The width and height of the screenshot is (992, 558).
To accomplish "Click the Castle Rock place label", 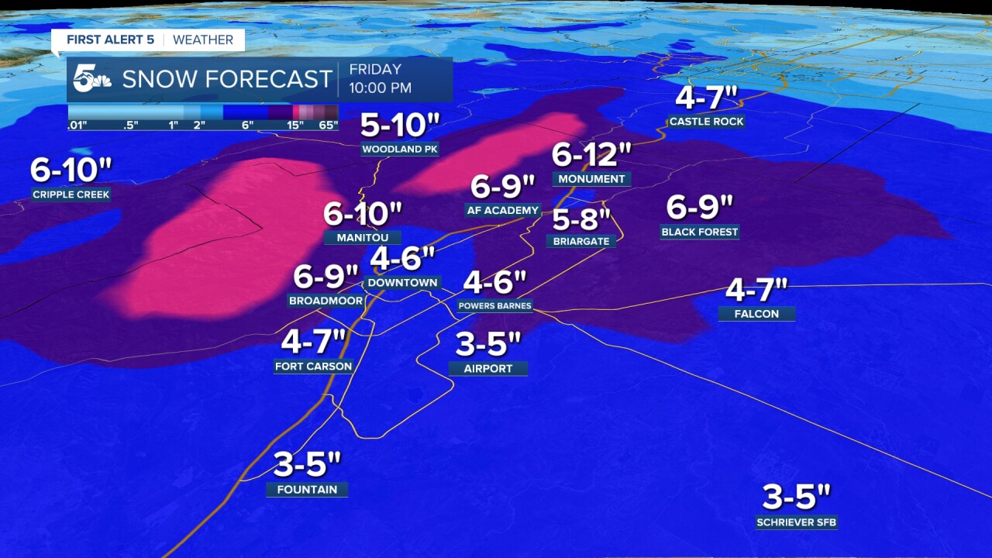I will pyautogui.click(x=706, y=122).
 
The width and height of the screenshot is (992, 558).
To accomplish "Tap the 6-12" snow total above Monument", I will pyautogui.click(x=591, y=155).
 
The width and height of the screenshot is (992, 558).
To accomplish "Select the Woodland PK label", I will pyautogui.click(x=400, y=149).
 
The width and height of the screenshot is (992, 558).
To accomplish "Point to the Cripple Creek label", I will pyautogui.click(x=71, y=195).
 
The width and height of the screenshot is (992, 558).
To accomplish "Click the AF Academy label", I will pyautogui.click(x=503, y=210).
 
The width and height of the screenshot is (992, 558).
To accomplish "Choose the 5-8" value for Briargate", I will pyautogui.click(x=582, y=220).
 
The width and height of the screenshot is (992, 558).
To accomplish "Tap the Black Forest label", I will pyautogui.click(x=700, y=232).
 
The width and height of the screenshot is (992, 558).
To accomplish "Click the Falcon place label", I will pyautogui.click(x=756, y=314).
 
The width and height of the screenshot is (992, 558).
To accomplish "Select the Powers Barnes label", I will pyautogui.click(x=494, y=305).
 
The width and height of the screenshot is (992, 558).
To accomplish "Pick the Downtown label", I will pyautogui.click(x=402, y=283).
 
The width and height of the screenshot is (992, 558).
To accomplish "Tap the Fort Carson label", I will pyautogui.click(x=313, y=366).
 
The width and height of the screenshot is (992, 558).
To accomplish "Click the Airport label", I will pyautogui.click(x=488, y=369).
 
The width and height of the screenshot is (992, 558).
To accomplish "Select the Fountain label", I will pyautogui.click(x=307, y=489).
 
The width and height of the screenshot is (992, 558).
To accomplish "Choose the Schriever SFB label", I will pyautogui.click(x=797, y=522).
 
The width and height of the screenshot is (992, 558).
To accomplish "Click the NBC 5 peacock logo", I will pyautogui.click(x=92, y=79).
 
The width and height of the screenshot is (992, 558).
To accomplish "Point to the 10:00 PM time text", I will pyautogui.click(x=380, y=88).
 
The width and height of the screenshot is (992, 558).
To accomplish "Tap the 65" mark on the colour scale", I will pyautogui.click(x=329, y=126).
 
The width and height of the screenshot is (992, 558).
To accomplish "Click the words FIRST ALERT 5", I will pyautogui.click(x=110, y=40).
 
